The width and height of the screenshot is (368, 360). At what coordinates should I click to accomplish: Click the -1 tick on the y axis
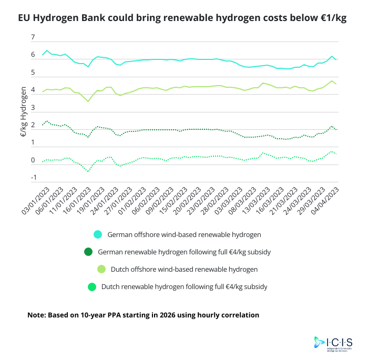pyautogui.click(x=33, y=178)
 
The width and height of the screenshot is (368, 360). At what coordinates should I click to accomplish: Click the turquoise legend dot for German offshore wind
pyautogui.click(x=97, y=234)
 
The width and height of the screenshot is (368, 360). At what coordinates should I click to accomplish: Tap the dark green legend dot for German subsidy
pyautogui.click(x=88, y=252)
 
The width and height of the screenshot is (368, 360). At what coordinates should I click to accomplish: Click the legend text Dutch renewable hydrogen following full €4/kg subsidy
pyautogui.click(x=184, y=287)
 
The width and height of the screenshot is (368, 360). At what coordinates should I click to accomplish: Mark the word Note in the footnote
pyautogui.click(x=36, y=315)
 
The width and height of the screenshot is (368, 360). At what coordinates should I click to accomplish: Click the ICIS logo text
pyautogui.click(x=342, y=342)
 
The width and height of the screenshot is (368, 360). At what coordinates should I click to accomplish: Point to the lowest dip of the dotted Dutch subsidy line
pyautogui.click(x=88, y=171)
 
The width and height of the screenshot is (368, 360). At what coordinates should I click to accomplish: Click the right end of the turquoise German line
pyautogui.click(x=336, y=59)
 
